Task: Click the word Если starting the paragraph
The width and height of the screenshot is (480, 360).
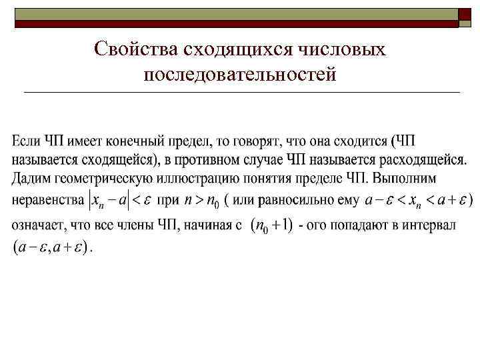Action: point(27,141)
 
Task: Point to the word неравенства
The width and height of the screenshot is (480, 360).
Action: point(47,200)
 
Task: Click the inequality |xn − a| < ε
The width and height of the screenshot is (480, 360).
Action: point(119,200)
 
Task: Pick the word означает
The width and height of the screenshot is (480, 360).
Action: point(39,225)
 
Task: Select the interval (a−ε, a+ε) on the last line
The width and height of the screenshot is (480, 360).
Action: point(50,248)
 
